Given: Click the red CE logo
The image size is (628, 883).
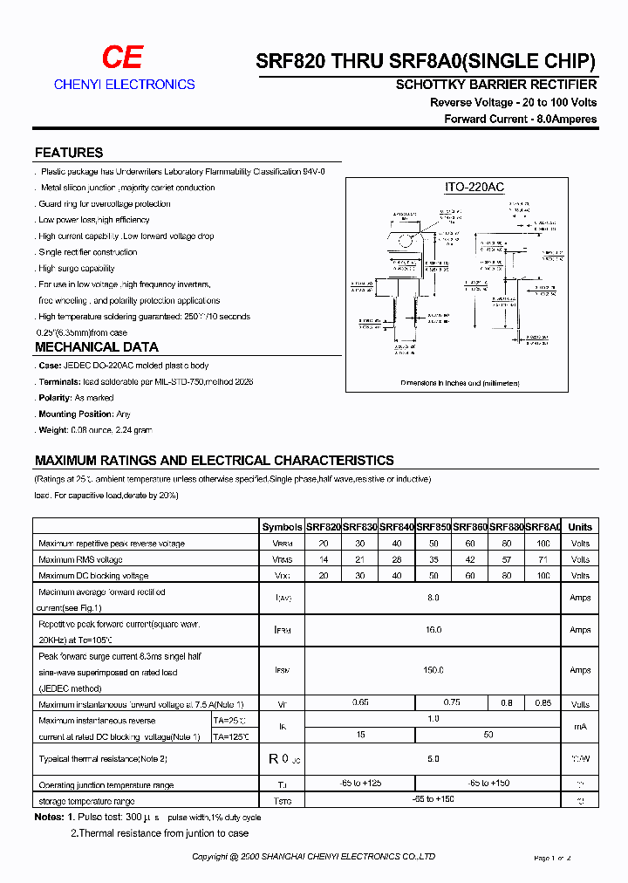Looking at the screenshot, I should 122,58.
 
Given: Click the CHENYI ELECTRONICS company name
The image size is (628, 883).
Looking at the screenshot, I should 124,85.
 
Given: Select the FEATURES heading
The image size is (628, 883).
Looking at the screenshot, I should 69,153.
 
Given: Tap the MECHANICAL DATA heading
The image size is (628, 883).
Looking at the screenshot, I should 96,347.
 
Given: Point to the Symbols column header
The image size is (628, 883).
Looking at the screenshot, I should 282,527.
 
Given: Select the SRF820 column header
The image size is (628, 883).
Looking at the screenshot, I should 323,527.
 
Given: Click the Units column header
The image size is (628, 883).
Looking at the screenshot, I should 579,527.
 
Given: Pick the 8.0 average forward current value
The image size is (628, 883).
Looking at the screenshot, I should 433,598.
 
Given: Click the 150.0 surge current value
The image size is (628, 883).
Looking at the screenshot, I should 433,670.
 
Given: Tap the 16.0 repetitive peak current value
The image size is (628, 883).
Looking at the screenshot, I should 433,630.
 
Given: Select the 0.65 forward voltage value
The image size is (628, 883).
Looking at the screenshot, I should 359,703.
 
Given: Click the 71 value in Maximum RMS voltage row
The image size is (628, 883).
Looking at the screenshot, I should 544,559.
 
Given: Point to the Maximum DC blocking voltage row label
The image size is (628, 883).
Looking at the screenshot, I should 93,576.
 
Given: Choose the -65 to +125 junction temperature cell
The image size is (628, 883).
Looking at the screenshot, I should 359,784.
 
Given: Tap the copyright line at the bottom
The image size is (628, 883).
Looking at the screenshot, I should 314,857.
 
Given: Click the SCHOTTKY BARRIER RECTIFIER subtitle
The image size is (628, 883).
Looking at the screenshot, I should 496,85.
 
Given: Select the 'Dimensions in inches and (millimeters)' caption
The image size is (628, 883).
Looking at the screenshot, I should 460,383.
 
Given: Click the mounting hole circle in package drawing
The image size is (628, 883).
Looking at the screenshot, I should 405,241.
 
